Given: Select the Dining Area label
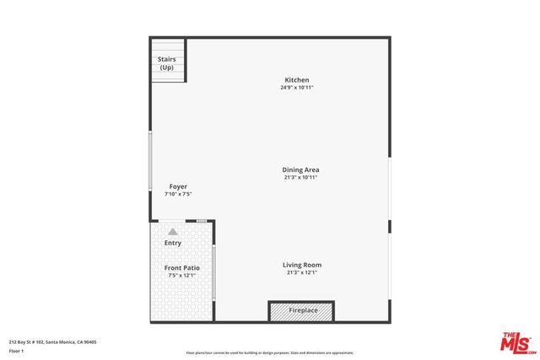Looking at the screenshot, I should pyautogui.click(x=301, y=169).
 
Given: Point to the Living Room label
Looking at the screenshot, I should pyautogui.click(x=302, y=265).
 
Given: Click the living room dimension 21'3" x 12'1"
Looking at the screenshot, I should pyautogui.click(x=302, y=272).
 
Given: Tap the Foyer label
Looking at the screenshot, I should pyautogui.click(x=178, y=186).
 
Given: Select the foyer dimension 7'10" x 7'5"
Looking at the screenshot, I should pyautogui.click(x=178, y=194).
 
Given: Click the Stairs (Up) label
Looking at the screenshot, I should pyautogui.click(x=167, y=63).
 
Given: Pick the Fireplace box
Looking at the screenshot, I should pyautogui.click(x=301, y=310).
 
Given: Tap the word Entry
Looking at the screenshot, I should pyautogui.click(x=173, y=243).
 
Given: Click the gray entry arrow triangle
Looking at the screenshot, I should pyautogui.click(x=173, y=230).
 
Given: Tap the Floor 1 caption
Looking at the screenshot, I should pyautogui.click(x=16, y=352).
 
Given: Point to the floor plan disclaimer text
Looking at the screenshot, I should pyautogui.click(x=270, y=352).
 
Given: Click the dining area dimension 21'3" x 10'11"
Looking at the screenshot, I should pyautogui.click(x=301, y=177).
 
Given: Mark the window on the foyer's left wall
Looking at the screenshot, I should pyautogui.click(x=151, y=159).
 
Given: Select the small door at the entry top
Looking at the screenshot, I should pyautogui.click(x=202, y=220).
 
